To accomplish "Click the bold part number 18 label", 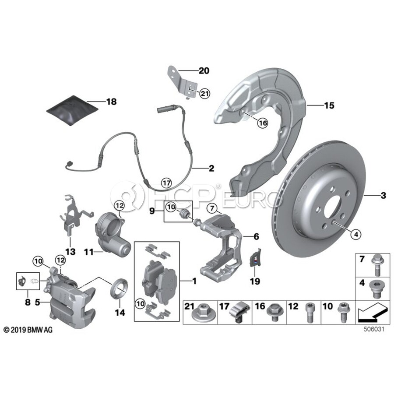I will click(x=111, y=102).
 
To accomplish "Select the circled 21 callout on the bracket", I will click(x=205, y=93).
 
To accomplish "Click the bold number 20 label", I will click(x=204, y=70).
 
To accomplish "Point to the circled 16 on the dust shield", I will click(x=262, y=123).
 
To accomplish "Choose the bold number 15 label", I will click(x=317, y=105).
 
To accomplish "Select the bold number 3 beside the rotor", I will click(x=383, y=196).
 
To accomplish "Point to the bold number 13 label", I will click(x=70, y=252).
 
